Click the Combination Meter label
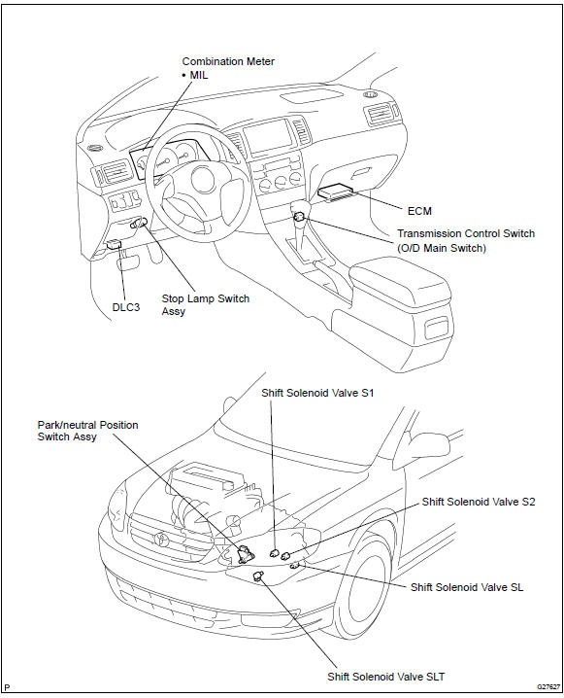tap(228, 61)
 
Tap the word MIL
tap(199, 75)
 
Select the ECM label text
tap(420, 209)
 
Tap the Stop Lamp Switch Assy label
tap(205, 305)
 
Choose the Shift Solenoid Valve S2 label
tap(478, 502)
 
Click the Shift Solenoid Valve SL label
tap(467, 587)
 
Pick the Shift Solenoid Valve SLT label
tap(383, 677)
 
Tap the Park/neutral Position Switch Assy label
tap(86, 432)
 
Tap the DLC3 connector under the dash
tap(114, 246)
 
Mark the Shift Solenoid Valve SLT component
tap(259, 576)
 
